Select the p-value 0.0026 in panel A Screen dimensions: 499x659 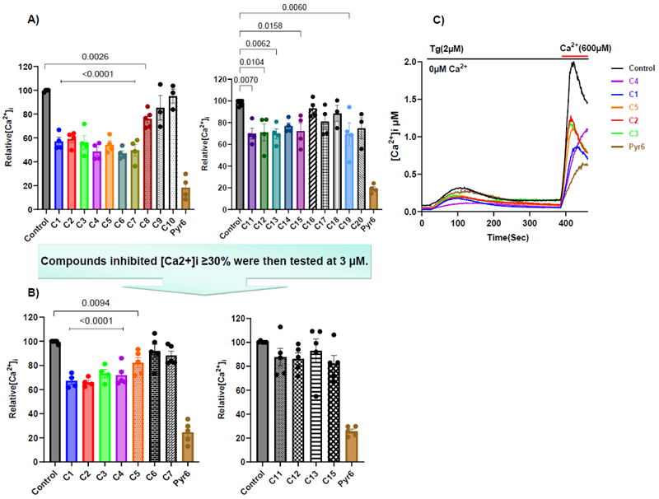point(96,58)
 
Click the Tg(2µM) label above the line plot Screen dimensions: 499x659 point(447,49)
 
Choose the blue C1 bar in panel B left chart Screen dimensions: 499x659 point(71,420)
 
